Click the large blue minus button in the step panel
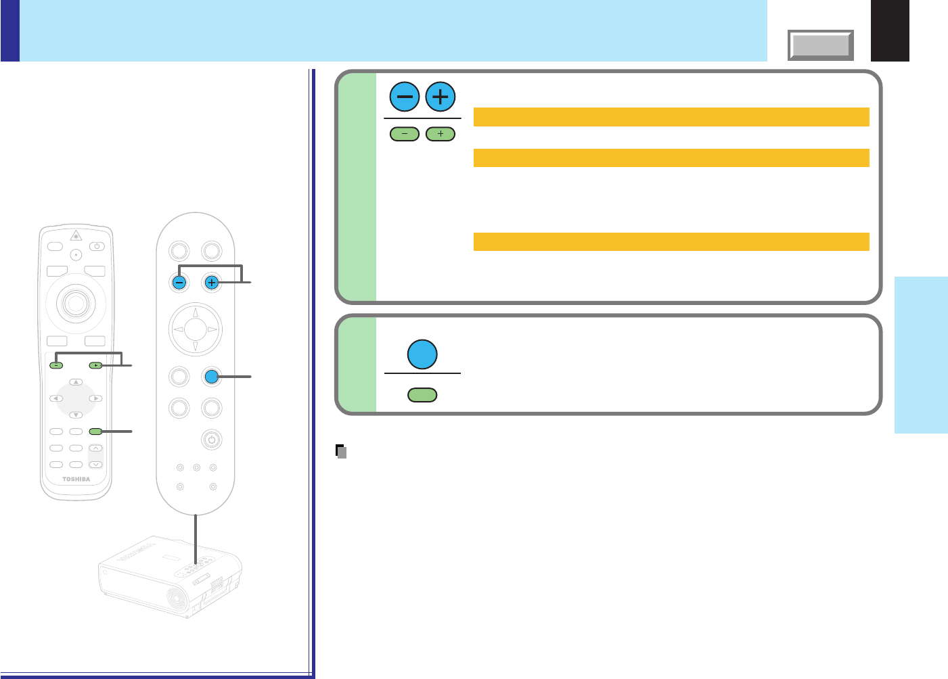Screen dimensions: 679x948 coord(405,97)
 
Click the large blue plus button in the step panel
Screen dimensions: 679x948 coord(441,97)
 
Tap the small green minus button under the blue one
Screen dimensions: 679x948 coord(405,135)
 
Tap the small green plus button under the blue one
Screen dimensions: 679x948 coord(441,135)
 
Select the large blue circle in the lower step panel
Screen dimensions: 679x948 coord(422,354)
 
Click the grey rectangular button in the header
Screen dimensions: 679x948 coord(821,45)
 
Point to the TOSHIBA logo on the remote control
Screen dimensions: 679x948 coord(76,479)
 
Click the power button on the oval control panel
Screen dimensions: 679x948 coord(212,440)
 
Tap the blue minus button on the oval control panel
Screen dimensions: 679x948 coord(179,283)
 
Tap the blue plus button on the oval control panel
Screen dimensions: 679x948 coord(212,283)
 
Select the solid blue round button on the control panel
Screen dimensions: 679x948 coord(212,377)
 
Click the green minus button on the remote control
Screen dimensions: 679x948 coord(56,365)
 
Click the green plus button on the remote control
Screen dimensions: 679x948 coord(95,365)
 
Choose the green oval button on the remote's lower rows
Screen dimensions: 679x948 coord(95,431)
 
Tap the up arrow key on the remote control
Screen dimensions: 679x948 coord(76,383)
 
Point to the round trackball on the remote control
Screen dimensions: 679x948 coord(75,303)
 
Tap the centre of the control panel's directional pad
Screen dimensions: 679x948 coord(196,329)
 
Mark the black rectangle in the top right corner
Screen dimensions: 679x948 coord(890,30)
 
